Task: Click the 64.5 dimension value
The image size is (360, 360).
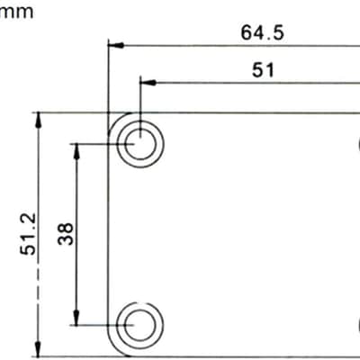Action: click(x=262, y=32)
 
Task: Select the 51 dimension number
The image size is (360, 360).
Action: click(x=263, y=70)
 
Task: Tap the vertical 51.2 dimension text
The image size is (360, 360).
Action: click(x=28, y=234)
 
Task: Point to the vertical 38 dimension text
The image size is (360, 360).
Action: click(x=66, y=234)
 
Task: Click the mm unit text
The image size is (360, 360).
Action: click(x=16, y=13)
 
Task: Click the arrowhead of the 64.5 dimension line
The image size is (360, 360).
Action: click(x=116, y=45)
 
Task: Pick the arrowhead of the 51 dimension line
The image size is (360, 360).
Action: click(x=148, y=83)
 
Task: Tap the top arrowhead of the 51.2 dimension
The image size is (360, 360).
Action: click(x=38, y=121)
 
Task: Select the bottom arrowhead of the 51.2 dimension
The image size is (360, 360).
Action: click(x=38, y=349)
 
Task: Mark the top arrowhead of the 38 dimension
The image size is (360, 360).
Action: click(x=76, y=152)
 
